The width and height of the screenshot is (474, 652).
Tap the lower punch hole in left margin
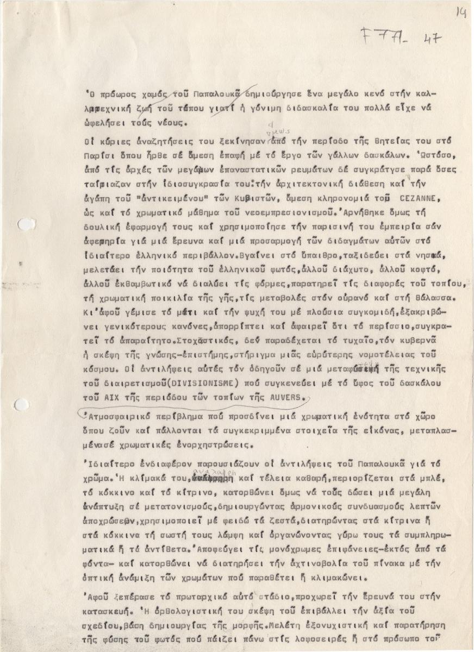[x=21, y=404]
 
